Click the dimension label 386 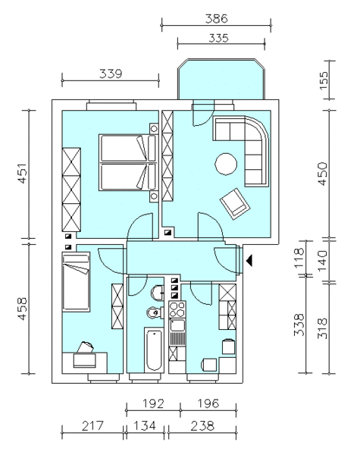217,19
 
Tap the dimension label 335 218,38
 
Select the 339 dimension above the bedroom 111,74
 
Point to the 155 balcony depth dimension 324,80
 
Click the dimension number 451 23,174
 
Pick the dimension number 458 23,309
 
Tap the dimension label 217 92,426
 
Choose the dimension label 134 145,426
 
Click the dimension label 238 202,426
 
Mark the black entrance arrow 249,260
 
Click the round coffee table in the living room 226,164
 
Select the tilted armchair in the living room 235,204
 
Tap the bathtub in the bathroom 154,350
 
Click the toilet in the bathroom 155,312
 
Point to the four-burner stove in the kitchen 177,309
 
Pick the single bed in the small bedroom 76,281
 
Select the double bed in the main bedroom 128,162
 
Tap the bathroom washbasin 158,293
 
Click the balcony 221,79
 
